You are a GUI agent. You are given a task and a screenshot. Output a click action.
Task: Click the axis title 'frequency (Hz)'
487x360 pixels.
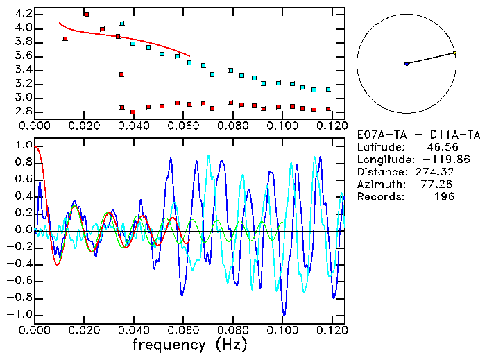(189, 344)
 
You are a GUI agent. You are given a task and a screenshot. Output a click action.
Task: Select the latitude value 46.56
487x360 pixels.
(439, 147)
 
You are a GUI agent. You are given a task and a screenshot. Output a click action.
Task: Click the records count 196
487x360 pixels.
(442, 197)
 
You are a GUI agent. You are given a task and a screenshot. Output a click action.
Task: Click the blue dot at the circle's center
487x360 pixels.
(407, 64)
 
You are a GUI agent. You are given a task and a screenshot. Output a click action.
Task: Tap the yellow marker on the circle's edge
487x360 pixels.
(454, 53)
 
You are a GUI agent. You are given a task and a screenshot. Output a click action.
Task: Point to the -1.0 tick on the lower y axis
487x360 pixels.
(20, 314)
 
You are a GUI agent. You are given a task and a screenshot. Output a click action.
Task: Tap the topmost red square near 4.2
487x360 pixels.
(86, 15)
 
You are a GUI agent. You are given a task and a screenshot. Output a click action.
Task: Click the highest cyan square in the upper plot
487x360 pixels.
(122, 24)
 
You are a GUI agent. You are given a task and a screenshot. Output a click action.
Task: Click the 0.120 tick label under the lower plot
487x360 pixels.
(331, 330)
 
